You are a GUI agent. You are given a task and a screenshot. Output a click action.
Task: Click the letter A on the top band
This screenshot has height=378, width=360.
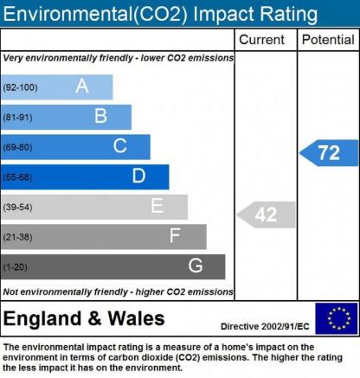[82, 86]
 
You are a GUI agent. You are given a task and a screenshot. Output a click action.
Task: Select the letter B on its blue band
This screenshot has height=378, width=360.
[100, 116]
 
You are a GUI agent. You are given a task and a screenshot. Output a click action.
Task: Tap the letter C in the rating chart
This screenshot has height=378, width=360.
[119, 146]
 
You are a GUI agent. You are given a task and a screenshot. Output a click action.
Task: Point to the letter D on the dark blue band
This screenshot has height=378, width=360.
[138, 176]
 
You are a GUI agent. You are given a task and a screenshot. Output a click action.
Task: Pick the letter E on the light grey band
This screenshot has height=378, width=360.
[157, 206]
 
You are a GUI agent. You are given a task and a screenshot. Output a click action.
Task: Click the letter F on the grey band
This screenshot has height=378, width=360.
[175, 235]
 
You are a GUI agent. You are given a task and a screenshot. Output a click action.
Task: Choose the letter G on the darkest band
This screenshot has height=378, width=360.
[196, 266]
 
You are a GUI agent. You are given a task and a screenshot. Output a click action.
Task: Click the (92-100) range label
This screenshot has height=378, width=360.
[20, 87]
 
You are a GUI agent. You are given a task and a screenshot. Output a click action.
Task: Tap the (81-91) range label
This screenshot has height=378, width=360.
[17, 118]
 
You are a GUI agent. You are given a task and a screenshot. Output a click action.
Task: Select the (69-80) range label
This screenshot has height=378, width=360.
[17, 147]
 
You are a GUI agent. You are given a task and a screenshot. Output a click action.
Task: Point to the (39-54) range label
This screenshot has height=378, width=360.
[17, 207]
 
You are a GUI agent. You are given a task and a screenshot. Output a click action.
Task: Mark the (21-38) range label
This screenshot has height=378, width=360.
[17, 237]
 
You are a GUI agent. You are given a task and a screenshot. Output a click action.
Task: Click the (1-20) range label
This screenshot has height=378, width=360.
[15, 267]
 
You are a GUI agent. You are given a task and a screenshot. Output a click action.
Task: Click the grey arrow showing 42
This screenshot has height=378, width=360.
[267, 215]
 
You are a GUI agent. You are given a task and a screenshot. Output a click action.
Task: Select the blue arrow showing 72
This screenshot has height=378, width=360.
[329, 153]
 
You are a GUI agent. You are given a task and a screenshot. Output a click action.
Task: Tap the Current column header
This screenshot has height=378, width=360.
[261, 40]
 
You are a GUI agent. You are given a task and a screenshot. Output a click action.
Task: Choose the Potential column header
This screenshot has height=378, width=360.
[328, 40]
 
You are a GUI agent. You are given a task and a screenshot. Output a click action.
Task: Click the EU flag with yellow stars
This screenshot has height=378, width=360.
[337, 318]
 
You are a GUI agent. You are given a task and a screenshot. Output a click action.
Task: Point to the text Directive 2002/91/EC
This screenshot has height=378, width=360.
[265, 326]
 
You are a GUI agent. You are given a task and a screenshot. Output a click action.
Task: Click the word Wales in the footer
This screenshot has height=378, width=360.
[136, 318]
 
